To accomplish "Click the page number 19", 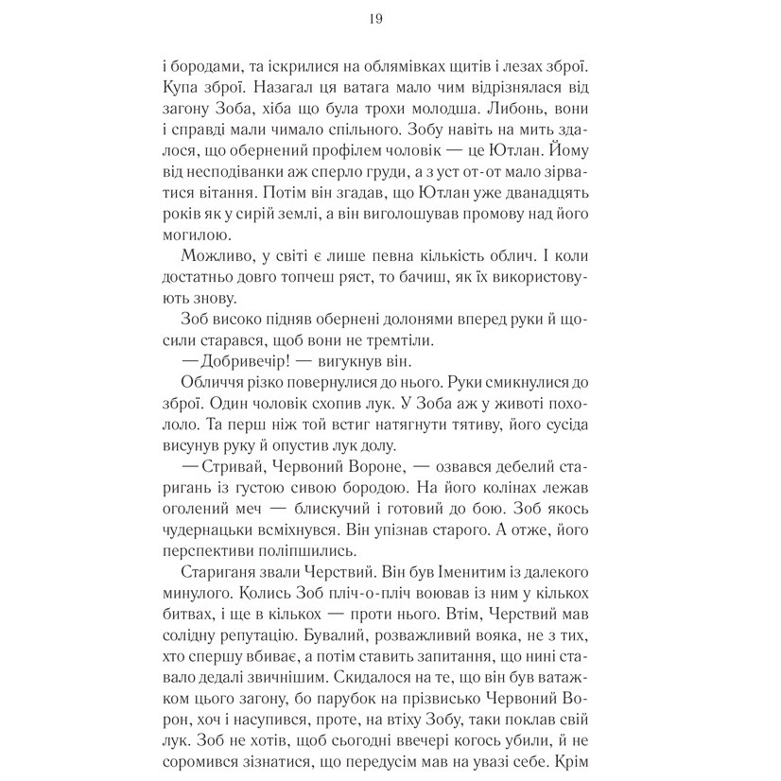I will (390, 19).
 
